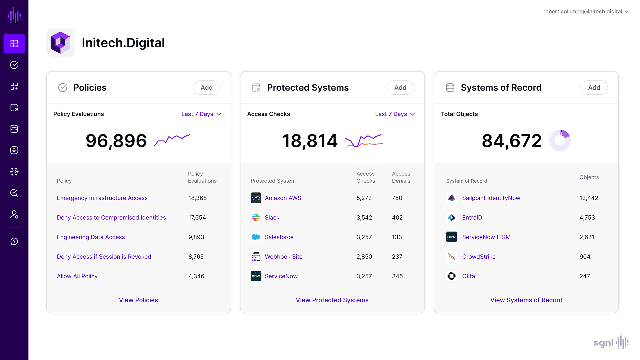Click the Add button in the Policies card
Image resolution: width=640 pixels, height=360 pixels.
pyautogui.click(x=206, y=88)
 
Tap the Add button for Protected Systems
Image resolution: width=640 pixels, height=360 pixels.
pyautogui.click(x=400, y=88)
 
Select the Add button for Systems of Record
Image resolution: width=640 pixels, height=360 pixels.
pyautogui.click(x=594, y=88)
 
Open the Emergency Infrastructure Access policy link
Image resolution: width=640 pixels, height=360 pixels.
pyautogui.click(x=102, y=198)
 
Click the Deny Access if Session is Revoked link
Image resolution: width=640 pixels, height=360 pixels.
pyautogui.click(x=104, y=257)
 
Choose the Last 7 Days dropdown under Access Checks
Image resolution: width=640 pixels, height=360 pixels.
pyautogui.click(x=395, y=114)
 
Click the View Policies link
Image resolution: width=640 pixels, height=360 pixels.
pyautogui.click(x=138, y=300)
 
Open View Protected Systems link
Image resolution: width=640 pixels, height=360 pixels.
pyautogui.click(x=332, y=300)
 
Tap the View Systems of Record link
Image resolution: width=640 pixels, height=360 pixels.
pyautogui.click(x=526, y=300)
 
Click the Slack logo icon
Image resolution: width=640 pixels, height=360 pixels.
pyautogui.click(x=256, y=218)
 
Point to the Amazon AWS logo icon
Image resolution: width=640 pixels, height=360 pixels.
pyautogui.click(x=256, y=198)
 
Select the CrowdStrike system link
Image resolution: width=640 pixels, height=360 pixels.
pyautogui.click(x=479, y=257)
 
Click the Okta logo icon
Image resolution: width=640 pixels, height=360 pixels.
pyautogui.click(x=451, y=276)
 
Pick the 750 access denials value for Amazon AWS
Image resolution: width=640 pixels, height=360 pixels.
pyautogui.click(x=397, y=198)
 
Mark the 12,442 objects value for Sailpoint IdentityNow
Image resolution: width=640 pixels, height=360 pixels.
pyautogui.click(x=589, y=198)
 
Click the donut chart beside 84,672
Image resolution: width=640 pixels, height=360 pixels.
pyautogui.click(x=560, y=140)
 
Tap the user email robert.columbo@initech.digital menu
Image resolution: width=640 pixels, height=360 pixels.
pyautogui.click(x=585, y=12)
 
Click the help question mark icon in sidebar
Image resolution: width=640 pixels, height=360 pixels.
pyautogui.click(x=14, y=241)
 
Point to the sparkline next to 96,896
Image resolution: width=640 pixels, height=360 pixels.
pyautogui.click(x=172, y=140)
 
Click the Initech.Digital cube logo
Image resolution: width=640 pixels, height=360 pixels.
pyautogui.click(x=60, y=43)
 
